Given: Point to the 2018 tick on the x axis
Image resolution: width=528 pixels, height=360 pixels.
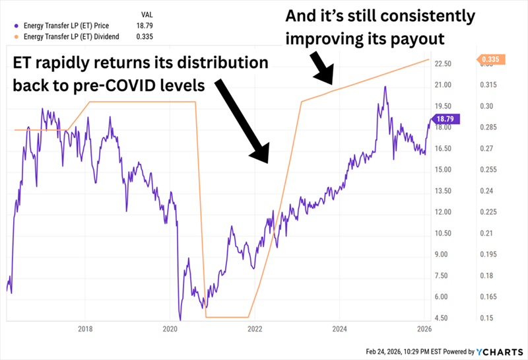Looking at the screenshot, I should tap(85, 328).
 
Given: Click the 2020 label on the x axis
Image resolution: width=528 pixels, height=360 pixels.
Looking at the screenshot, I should tap(170, 328).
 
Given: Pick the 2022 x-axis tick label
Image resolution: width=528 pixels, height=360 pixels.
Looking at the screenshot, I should tap(255, 328).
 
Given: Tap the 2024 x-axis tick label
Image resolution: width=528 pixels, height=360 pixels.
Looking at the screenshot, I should tap(341, 328).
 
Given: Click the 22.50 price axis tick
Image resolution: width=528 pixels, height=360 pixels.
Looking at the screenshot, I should tap(444, 64).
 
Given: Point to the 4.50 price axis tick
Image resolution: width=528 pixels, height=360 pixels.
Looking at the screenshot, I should tap(444, 318).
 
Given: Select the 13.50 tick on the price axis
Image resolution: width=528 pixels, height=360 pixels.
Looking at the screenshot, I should tap(444, 191).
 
